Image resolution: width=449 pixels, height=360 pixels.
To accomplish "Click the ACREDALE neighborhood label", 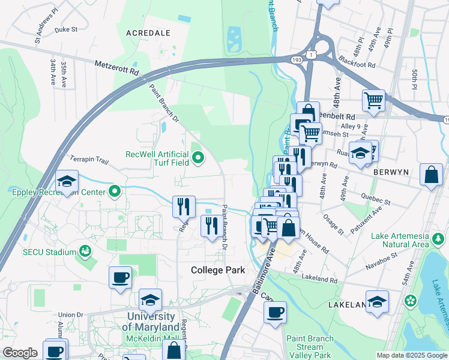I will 148,33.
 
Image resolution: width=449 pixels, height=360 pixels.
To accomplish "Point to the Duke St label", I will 66,29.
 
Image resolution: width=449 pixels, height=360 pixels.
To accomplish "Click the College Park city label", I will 218,270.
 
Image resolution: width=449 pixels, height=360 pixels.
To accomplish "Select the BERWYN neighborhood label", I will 390,172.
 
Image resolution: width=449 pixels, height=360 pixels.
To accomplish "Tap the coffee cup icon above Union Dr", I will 120,278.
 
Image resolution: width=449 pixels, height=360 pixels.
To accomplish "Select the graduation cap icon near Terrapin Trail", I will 67,181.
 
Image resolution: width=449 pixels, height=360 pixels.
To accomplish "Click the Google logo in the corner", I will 20,353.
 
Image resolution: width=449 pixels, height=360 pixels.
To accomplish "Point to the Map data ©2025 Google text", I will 411,355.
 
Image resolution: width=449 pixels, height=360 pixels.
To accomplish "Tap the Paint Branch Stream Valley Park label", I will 310,347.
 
